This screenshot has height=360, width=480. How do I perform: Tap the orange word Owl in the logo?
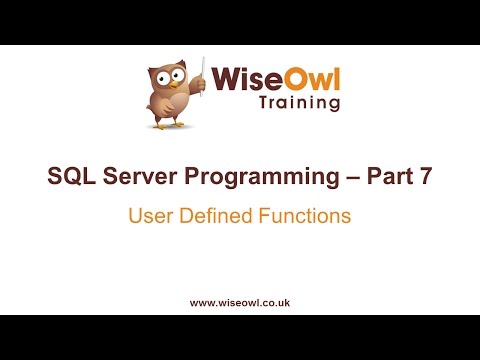(x=311, y=77)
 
